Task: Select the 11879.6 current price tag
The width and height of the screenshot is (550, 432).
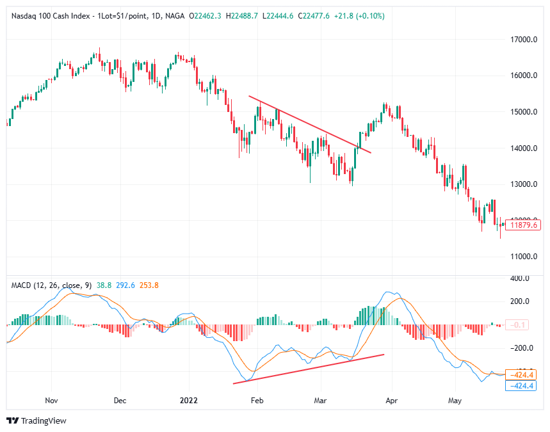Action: click(x=523, y=225)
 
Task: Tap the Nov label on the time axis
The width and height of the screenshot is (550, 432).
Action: click(x=52, y=401)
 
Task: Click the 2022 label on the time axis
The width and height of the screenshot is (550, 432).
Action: click(x=189, y=401)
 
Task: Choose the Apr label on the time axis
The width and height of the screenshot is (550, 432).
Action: click(x=391, y=401)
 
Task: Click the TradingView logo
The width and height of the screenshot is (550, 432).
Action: click(x=36, y=420)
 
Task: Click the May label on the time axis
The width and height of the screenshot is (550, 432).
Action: click(x=455, y=401)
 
